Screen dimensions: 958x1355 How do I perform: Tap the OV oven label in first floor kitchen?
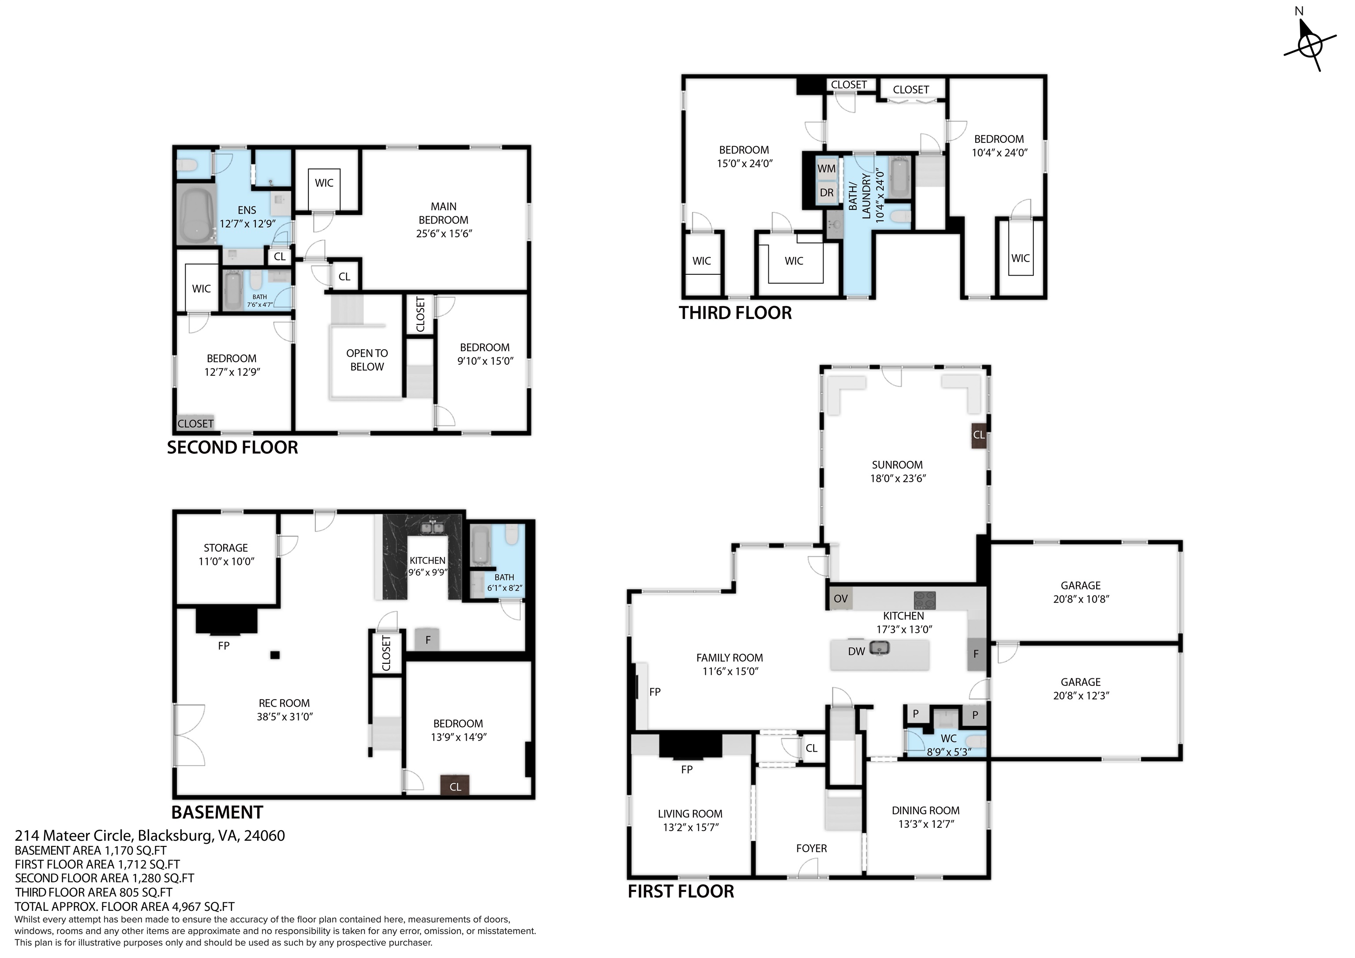coord(840,599)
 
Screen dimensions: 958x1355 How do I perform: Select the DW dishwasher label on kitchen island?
coord(856,651)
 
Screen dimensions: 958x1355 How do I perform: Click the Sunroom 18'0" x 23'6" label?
coord(897,472)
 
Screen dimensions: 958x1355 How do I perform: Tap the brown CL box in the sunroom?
coord(978,435)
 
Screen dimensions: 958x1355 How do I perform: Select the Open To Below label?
coord(367,360)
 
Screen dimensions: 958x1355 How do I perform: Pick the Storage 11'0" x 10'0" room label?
coord(226,554)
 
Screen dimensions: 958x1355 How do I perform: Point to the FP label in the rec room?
coord(224,646)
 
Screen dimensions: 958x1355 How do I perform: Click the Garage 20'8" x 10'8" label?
coord(1080,592)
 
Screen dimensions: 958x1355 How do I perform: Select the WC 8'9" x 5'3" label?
coord(948,745)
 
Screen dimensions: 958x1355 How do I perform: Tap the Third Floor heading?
coord(735,313)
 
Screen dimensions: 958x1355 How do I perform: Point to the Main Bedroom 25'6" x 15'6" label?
coord(443,220)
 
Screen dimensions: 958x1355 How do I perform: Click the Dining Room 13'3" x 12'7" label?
coord(925,817)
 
